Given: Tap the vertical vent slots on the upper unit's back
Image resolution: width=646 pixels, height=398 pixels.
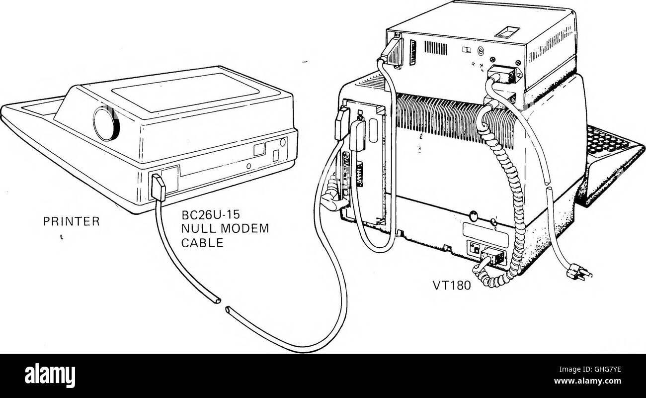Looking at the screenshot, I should coord(435,48).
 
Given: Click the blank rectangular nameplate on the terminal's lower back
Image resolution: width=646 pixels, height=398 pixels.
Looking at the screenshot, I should coord(485,229).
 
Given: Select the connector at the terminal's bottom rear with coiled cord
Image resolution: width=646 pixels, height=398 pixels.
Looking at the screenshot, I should coord(494,257).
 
